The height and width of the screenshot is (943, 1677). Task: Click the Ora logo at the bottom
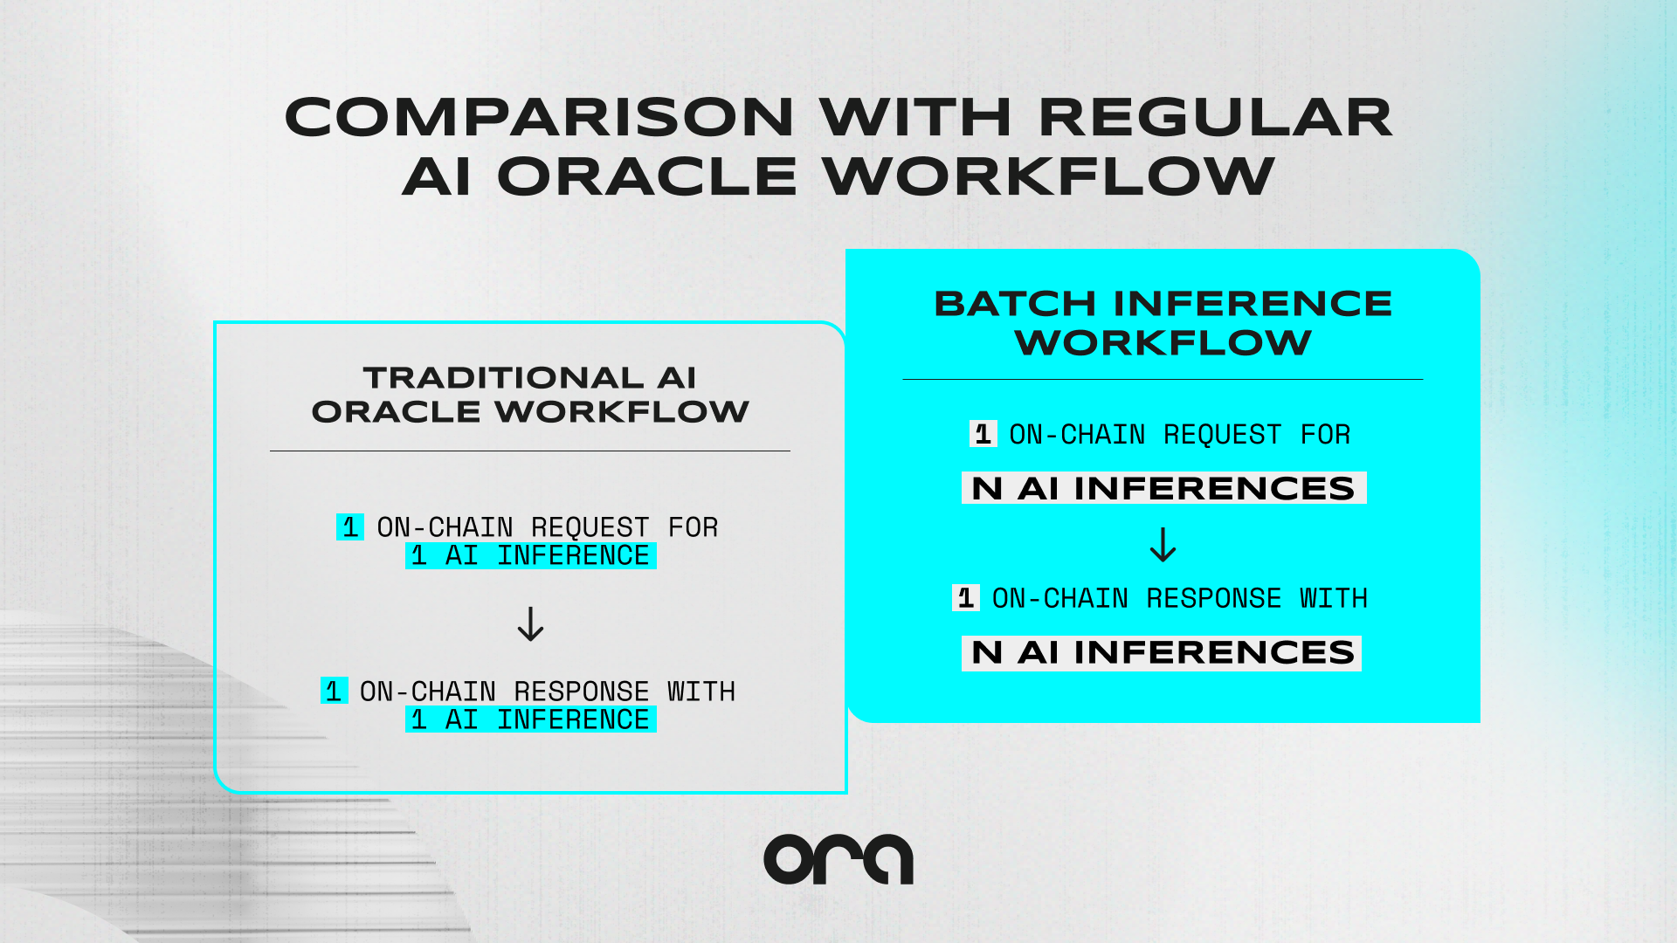[838, 859]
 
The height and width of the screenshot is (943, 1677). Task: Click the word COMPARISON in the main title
[539, 118]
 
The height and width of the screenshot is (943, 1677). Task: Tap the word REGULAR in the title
[1215, 118]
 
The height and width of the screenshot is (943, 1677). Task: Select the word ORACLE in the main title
[647, 176]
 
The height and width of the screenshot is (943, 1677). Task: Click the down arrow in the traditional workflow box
[530, 624]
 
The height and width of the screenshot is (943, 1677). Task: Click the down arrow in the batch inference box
[1163, 545]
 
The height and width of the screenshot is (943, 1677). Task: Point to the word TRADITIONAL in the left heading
[503, 378]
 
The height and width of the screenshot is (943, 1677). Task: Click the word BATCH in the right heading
[1015, 304]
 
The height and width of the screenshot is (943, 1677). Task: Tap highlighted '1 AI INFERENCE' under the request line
[530, 555]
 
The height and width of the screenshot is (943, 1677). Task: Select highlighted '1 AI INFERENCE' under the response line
[530, 719]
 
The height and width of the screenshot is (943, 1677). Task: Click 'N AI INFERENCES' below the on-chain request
[1163, 488]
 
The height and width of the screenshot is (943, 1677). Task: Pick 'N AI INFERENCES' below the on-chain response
[1162, 652]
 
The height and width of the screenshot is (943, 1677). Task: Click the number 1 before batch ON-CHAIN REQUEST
[983, 434]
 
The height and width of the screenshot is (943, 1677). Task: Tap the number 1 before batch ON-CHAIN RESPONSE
[965, 598]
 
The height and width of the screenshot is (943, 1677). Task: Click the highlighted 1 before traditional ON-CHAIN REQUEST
[350, 527]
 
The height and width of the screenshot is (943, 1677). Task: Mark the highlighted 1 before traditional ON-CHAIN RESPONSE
[334, 691]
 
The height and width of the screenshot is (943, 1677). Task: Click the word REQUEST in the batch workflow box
[1222, 434]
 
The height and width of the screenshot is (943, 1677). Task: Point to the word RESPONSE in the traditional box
[581, 692]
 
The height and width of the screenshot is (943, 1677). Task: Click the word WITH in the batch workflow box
[1333, 598]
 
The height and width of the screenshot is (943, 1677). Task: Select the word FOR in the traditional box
[693, 527]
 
